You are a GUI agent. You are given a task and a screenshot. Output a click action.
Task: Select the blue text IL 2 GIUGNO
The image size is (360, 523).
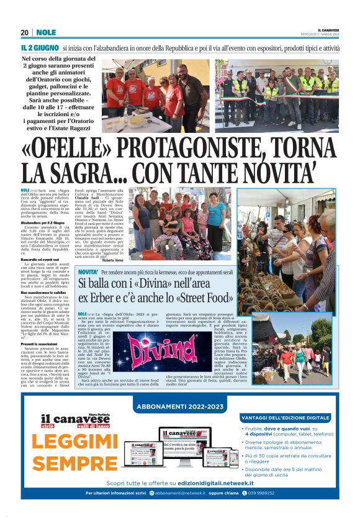pos(39,47)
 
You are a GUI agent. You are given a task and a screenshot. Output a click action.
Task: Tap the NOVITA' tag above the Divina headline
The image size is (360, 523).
pos(88,273)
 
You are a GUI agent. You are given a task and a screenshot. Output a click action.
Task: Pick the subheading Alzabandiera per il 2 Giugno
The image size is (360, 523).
pos(45,221)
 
